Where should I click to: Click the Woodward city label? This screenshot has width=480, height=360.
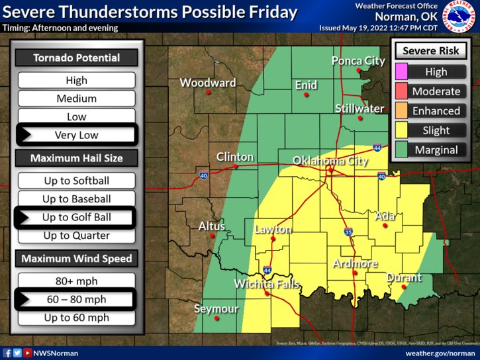click(208, 83)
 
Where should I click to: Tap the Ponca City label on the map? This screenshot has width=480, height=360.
click(358, 61)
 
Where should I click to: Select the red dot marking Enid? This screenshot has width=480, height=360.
click(306, 95)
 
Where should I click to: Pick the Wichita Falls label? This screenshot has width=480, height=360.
click(267, 285)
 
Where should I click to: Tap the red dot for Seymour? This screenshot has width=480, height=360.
click(217, 318)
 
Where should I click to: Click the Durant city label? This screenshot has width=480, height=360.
click(404, 277)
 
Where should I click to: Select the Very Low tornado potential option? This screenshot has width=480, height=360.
click(76, 135)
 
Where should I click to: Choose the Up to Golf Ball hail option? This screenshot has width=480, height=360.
click(76, 217)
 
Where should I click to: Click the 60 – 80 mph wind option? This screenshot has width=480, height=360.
click(76, 300)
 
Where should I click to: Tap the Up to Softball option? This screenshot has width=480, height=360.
click(76, 181)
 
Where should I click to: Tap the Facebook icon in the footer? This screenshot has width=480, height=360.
click(7, 353)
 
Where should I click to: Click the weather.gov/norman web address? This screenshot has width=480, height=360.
click(440, 353)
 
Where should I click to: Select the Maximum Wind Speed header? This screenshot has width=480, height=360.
click(76, 259)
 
